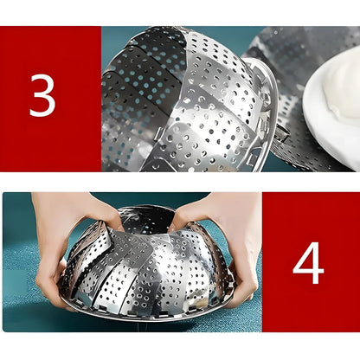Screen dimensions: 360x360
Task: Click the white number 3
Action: (42, 95)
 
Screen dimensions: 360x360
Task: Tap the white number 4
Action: (308, 262)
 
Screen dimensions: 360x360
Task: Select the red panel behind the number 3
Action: (50, 99)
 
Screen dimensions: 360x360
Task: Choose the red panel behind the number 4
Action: (311, 262)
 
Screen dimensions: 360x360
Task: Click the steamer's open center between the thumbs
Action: (147, 219)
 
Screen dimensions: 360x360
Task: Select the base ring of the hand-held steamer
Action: (150, 314)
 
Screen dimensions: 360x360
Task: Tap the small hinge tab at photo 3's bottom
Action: (157, 135)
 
